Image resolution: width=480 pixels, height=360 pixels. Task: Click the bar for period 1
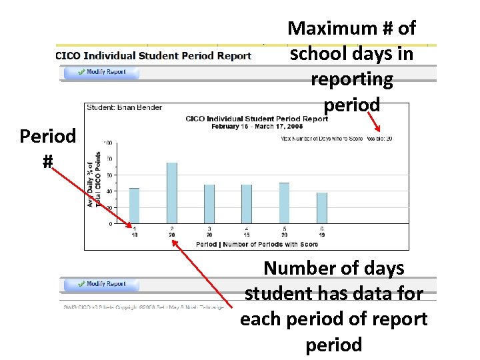(134, 206)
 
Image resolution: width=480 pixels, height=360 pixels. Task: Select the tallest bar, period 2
(172, 193)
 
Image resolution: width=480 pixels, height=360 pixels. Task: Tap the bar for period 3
(209, 204)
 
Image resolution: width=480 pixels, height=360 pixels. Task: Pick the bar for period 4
(247, 204)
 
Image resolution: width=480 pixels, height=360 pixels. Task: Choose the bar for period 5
(285, 203)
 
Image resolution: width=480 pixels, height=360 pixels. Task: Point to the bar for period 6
(322, 208)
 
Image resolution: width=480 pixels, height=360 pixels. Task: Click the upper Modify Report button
(101, 72)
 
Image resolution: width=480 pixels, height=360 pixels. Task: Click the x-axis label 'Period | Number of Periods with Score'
(257, 244)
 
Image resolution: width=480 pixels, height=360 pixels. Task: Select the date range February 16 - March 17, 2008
(257, 125)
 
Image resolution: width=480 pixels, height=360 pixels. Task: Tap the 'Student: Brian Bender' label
(125, 107)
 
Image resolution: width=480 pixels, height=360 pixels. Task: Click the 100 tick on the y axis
(107, 143)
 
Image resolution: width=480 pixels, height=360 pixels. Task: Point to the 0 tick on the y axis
(110, 224)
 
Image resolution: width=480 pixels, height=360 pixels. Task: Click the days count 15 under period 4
(247, 235)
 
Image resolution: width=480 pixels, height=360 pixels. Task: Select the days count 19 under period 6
(322, 235)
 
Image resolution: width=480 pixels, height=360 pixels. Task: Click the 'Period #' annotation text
(47, 149)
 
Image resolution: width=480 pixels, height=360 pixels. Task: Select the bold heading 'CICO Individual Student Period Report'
(153, 56)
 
